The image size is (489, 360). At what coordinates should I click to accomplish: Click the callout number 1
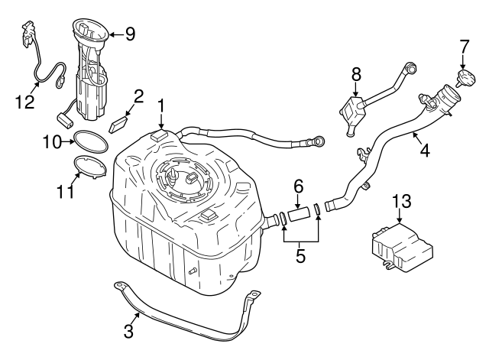(x=161, y=104)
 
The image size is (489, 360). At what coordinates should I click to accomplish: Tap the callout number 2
(x=138, y=96)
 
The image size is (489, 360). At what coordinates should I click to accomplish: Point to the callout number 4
(x=424, y=150)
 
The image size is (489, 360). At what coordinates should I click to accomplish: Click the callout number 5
(x=300, y=256)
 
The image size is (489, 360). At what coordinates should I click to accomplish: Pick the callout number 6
(x=299, y=186)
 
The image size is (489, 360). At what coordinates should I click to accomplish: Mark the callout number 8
(x=355, y=75)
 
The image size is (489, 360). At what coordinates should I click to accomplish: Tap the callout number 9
(x=129, y=33)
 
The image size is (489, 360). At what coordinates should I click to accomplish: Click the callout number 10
(x=50, y=141)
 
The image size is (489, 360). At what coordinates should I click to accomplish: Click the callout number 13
(x=401, y=202)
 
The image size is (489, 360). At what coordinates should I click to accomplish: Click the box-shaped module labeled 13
(x=400, y=245)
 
